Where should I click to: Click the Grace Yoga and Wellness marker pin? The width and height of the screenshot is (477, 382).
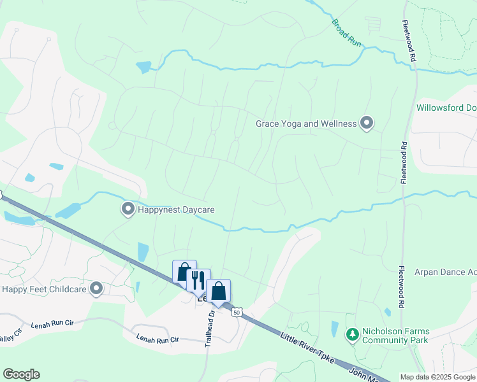(367, 123)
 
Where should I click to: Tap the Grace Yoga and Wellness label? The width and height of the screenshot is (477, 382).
(306, 124)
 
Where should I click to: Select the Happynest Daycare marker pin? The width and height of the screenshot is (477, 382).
(128, 209)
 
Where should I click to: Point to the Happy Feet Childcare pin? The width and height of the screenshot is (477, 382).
(96, 289)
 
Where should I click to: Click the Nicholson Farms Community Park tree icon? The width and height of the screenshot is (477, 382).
(352, 334)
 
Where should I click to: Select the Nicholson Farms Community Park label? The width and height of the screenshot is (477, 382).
(396, 336)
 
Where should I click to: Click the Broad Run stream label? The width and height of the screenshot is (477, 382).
(346, 31)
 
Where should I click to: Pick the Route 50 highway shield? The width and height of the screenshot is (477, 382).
(237, 313)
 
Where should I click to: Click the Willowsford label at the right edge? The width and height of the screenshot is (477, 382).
(446, 108)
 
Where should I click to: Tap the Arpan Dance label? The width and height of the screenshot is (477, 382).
(445, 272)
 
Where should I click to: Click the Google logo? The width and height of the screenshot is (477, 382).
(21, 374)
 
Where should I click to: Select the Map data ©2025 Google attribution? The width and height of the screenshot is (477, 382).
(437, 377)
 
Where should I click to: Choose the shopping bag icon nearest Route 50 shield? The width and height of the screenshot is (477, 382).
(218, 291)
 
